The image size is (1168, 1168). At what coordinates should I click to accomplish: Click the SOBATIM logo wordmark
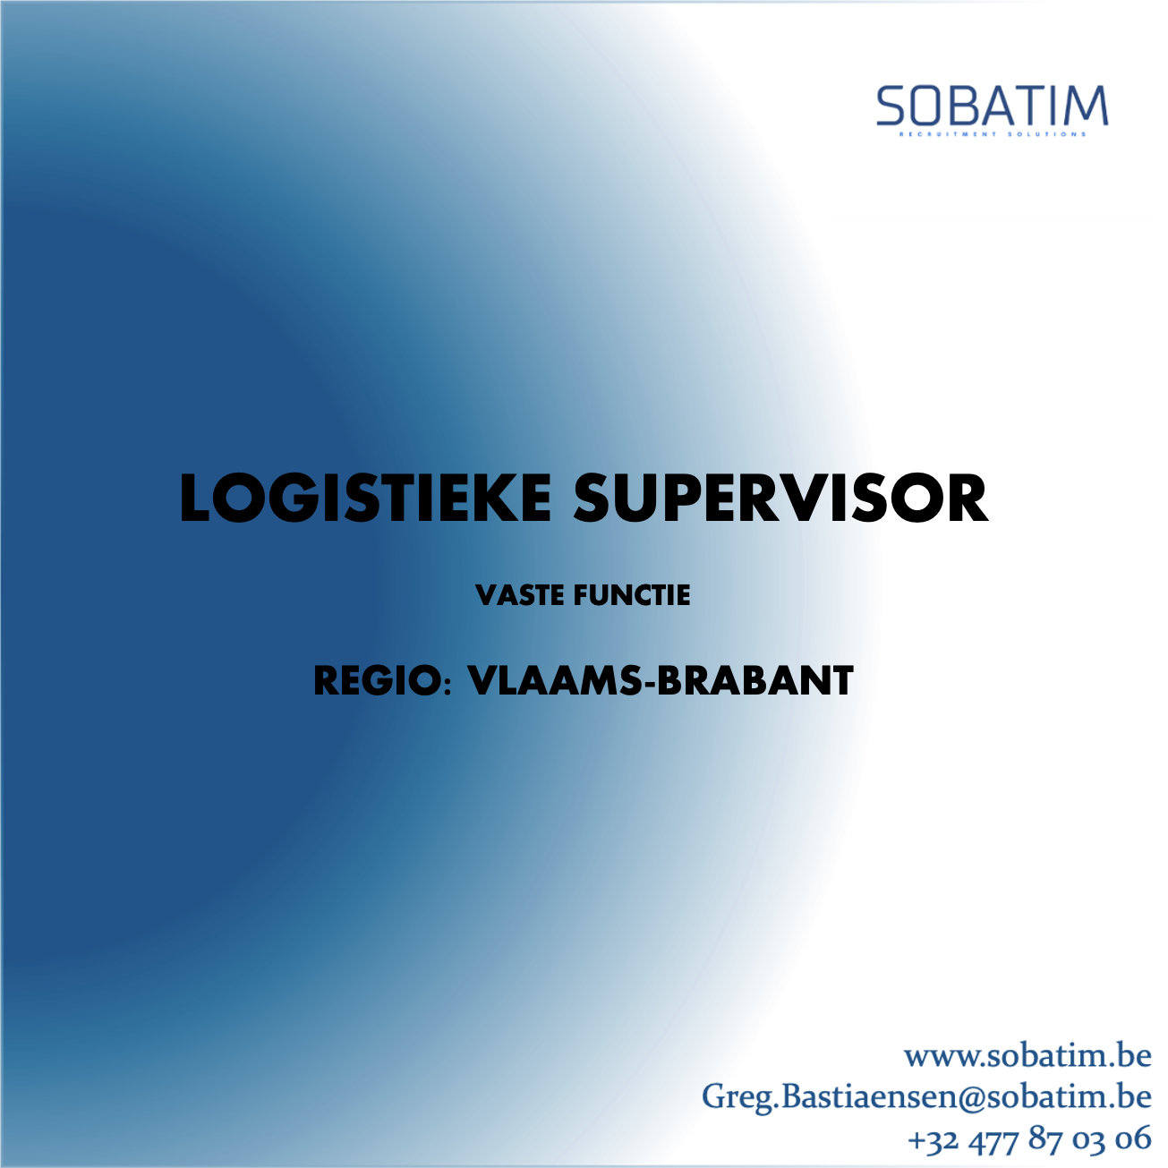click(993, 106)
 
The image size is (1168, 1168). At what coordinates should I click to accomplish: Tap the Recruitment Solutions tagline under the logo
click(993, 134)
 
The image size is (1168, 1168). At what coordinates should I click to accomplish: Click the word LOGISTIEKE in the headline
click(365, 498)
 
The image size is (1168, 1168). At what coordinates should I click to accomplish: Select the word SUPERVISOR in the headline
click(780, 498)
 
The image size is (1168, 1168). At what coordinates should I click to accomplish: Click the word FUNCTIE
click(632, 595)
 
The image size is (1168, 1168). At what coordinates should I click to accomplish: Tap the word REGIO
click(378, 681)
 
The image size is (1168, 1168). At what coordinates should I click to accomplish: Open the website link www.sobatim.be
click(1028, 1056)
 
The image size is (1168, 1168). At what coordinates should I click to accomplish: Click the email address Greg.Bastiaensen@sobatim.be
click(926, 1097)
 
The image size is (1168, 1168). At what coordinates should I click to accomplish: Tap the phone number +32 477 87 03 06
click(1029, 1138)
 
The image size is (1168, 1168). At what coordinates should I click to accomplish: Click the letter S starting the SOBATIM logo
click(891, 106)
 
